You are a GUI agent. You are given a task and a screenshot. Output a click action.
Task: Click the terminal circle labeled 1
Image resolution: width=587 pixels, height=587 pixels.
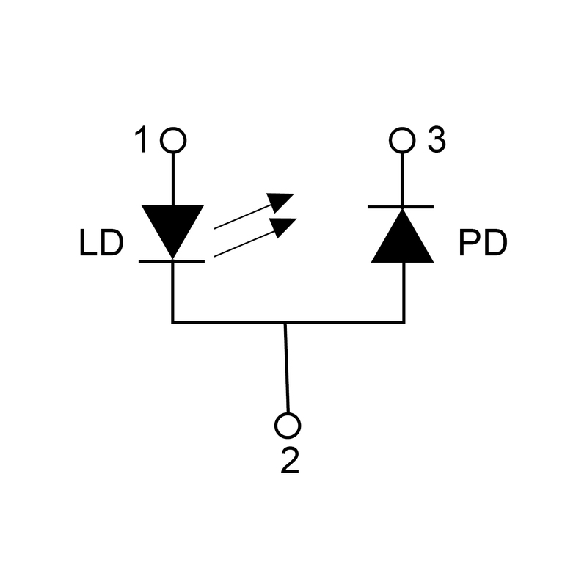point(173,139)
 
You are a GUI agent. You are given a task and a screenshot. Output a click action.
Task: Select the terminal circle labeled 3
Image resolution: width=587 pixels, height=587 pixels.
point(402,139)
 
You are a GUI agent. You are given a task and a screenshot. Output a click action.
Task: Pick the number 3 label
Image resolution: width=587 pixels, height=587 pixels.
point(436,140)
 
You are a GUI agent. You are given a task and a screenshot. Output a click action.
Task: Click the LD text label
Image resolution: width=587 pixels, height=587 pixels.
point(101,244)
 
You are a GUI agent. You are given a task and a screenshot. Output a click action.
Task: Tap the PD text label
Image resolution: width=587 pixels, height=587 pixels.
point(483,244)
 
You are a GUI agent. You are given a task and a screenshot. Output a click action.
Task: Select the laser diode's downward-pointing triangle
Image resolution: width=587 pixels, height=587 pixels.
point(172,226)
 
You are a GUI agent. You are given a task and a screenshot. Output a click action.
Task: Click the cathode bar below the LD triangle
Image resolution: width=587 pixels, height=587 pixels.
point(172,260)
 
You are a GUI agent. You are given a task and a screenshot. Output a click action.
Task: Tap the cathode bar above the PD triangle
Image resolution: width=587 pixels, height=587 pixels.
point(402,207)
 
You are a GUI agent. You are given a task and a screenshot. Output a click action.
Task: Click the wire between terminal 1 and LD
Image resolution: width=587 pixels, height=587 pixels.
point(173,176)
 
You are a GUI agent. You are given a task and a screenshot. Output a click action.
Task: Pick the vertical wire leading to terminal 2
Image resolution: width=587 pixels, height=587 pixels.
point(287,367)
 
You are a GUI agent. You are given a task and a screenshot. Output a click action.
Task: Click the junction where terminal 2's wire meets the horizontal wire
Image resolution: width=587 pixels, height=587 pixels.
point(285,321)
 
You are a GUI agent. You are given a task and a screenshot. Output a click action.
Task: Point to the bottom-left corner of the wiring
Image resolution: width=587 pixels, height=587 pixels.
point(172,321)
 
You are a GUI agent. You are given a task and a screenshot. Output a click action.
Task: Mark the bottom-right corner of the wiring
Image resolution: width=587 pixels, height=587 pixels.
point(404,321)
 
